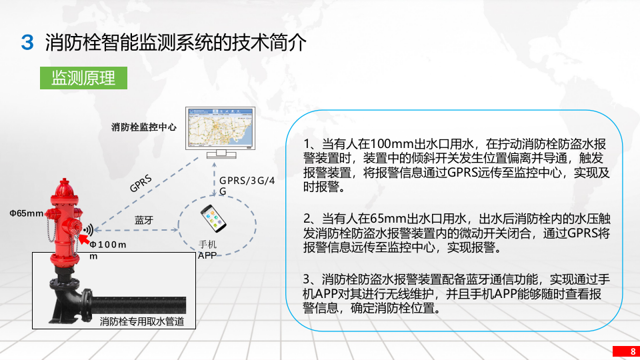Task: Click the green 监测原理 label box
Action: pyautogui.click(x=83, y=78)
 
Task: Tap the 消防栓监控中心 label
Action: pyautogui.click(x=144, y=127)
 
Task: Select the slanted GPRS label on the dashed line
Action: pyautogui.click(x=141, y=183)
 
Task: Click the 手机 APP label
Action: pyautogui.click(x=207, y=250)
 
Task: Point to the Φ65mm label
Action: pyautogui.click(x=26, y=213)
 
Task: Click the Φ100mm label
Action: pyautogui.click(x=107, y=249)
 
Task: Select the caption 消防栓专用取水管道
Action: pyautogui.click(x=142, y=322)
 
